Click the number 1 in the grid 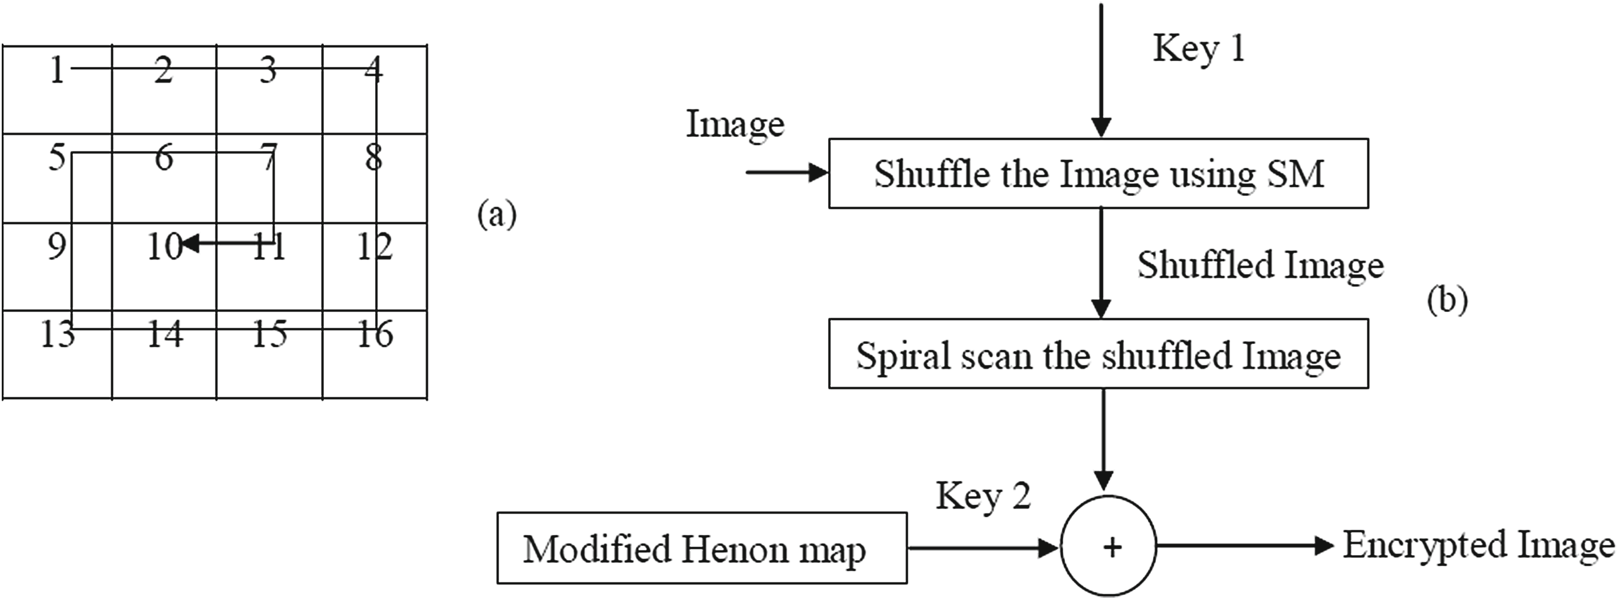[x=57, y=70]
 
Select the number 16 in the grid [x=374, y=333]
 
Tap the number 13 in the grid [x=57, y=333]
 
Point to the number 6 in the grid [x=164, y=157]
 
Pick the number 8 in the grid [x=373, y=157]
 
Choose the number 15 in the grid [x=270, y=333]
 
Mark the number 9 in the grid [x=56, y=246]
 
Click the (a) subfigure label [x=497, y=215]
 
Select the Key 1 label [x=1198, y=49]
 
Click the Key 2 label [x=983, y=496]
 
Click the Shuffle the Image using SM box [x=1098, y=173]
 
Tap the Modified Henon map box [x=701, y=548]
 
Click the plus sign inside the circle [x=1112, y=548]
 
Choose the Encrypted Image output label [x=1478, y=545]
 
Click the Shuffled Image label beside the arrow [x=1260, y=265]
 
